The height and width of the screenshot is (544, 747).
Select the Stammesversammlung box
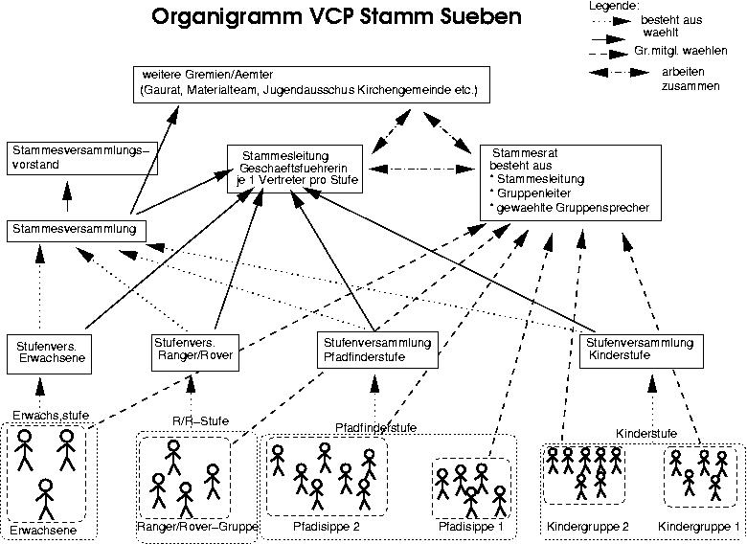78,230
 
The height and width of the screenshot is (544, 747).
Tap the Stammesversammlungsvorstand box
81,158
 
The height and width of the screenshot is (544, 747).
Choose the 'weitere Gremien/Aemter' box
312,84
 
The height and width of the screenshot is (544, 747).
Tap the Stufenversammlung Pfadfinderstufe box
376,350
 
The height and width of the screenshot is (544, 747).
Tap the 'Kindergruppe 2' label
587,527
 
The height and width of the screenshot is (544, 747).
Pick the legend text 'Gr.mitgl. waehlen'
687,50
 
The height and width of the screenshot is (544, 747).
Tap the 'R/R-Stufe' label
195,419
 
